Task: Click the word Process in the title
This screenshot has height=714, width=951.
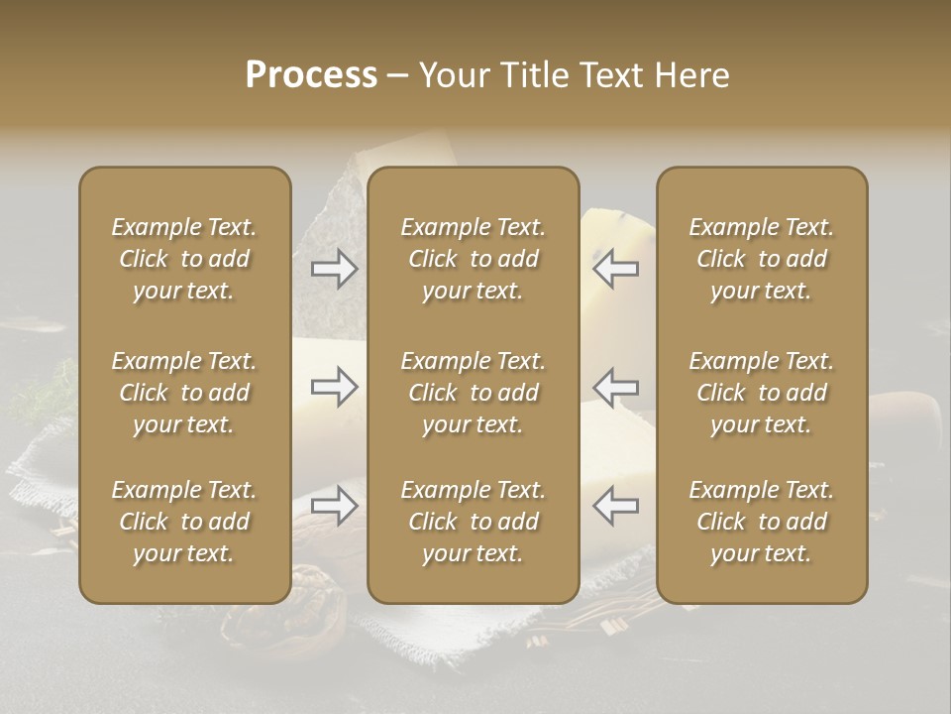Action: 311,75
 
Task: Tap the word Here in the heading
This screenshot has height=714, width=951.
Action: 691,75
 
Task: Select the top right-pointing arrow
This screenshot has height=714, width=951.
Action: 334,269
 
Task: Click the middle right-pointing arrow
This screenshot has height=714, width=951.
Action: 334,386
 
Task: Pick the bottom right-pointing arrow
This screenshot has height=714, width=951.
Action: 334,506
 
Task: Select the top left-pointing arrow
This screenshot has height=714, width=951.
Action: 616,269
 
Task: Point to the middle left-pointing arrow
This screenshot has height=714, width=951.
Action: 616,386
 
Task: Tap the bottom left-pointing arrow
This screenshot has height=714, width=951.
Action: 616,506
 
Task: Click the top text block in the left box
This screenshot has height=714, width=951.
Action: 184,259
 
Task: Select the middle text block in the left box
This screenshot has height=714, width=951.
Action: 184,393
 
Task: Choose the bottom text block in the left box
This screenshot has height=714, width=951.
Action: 184,522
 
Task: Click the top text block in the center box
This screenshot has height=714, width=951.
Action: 474,259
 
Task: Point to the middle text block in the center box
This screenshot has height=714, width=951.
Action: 474,393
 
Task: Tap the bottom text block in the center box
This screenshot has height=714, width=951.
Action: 474,522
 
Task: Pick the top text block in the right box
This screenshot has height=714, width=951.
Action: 762,259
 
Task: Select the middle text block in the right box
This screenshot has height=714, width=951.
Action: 762,393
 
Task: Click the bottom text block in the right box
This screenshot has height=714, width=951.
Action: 762,522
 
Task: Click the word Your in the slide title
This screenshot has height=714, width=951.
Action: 452,75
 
